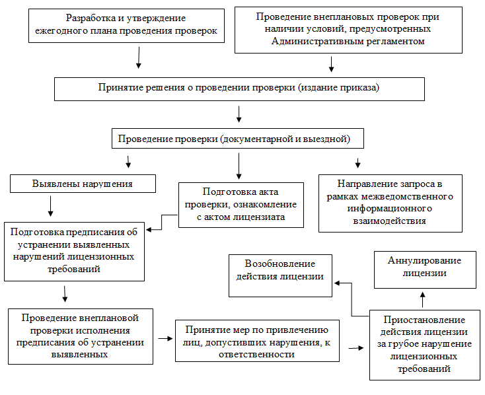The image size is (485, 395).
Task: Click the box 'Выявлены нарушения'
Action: click(83, 183)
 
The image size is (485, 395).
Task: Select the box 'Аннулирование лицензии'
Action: click(425, 267)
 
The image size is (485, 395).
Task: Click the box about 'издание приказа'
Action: click(239, 87)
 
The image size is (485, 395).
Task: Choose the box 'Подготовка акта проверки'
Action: click(241, 204)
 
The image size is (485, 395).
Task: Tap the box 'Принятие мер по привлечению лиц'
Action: click(258, 341)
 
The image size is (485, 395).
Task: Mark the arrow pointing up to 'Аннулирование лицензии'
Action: click(424, 299)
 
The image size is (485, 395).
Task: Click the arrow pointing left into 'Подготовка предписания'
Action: click(153, 230)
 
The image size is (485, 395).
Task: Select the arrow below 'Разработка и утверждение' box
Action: click(138, 59)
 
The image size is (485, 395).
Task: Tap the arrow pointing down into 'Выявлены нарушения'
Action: click(129, 161)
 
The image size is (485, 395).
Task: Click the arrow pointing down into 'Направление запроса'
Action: click(358, 162)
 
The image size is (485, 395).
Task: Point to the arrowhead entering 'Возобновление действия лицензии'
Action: click(337, 283)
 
